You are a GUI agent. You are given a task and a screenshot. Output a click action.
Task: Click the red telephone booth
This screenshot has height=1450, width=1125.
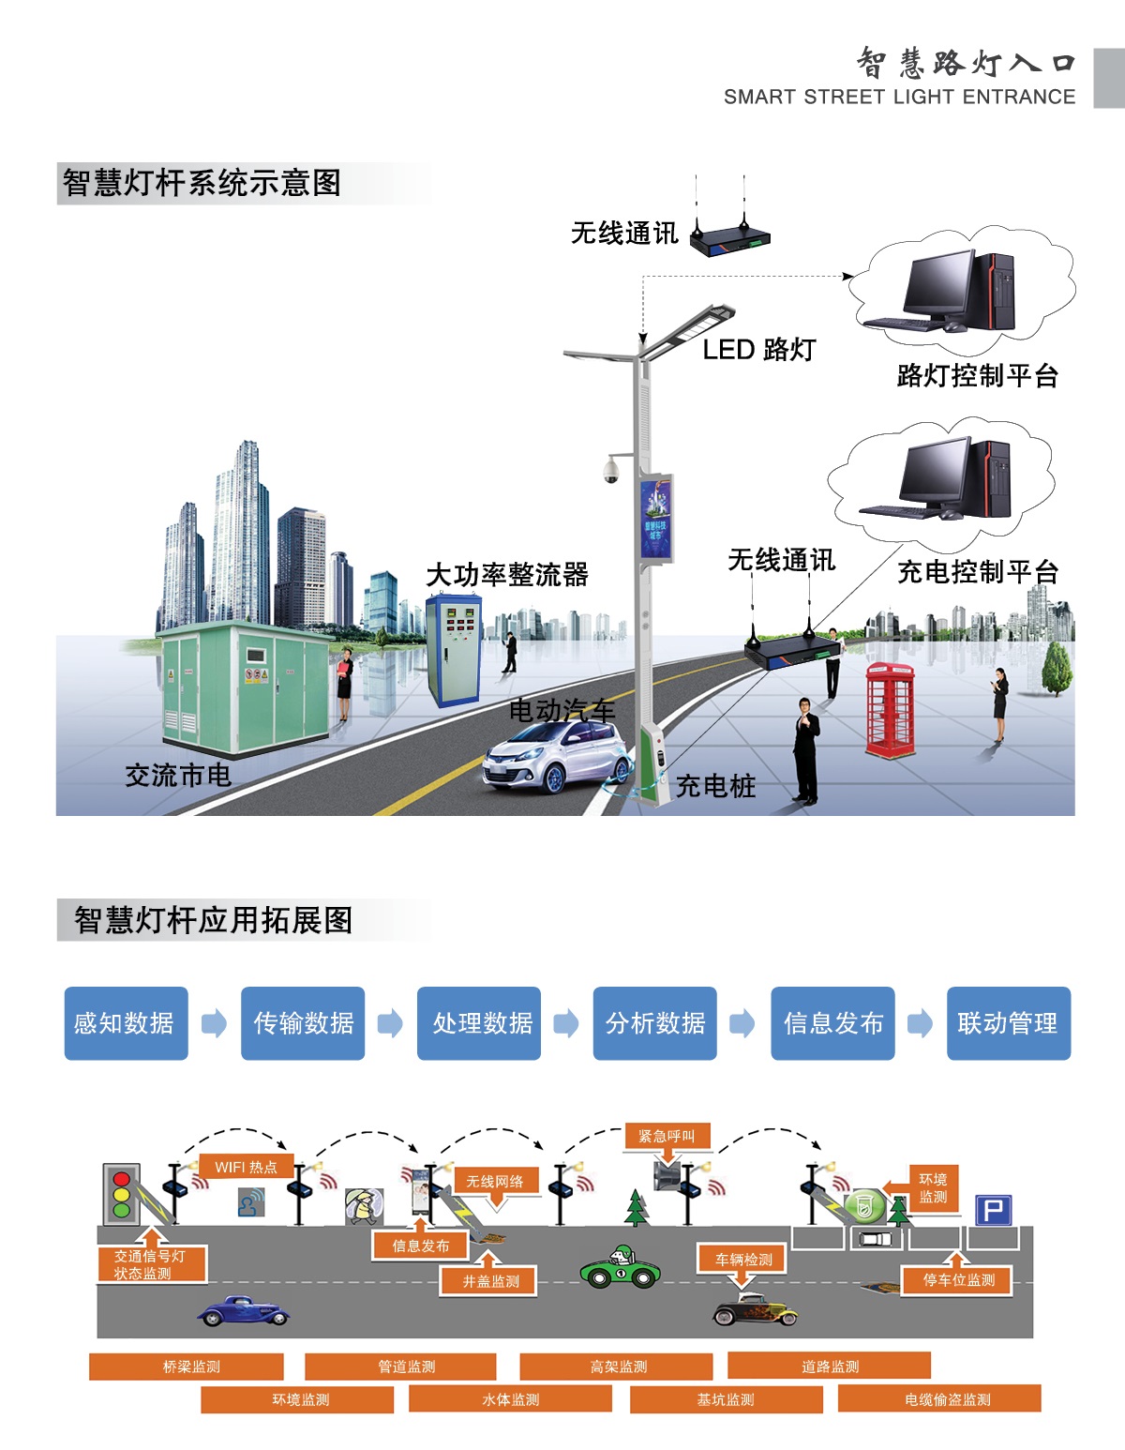point(890,709)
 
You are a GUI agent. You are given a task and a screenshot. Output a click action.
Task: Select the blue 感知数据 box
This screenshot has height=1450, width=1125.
point(126,1023)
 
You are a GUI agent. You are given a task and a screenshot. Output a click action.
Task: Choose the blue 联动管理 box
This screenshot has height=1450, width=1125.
point(1008,1023)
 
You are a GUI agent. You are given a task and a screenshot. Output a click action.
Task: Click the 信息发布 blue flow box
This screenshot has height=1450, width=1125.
point(832,1023)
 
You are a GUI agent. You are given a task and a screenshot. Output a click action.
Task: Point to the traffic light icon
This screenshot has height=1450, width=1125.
point(121,1194)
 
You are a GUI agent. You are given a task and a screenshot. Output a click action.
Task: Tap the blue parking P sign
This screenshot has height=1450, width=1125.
point(993,1210)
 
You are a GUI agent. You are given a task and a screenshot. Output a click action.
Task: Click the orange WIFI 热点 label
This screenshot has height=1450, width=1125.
point(246,1167)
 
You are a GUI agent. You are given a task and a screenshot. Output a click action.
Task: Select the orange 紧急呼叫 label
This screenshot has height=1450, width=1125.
point(667,1137)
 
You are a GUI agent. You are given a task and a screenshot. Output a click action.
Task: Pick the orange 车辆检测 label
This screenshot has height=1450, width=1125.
point(743,1260)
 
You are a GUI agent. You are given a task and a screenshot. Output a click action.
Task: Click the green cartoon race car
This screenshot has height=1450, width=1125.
point(620,1269)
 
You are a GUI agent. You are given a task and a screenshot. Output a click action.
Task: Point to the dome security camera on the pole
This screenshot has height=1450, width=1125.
point(611,471)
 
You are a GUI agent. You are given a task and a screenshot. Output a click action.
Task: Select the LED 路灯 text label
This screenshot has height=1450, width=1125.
point(758,350)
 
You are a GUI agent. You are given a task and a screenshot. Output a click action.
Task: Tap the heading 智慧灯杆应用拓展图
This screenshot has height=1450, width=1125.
point(213,920)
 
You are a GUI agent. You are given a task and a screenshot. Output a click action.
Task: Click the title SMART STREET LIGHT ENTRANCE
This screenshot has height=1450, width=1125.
point(899,97)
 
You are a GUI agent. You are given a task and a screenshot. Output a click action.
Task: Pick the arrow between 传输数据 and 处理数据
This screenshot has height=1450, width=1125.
point(390,1023)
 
